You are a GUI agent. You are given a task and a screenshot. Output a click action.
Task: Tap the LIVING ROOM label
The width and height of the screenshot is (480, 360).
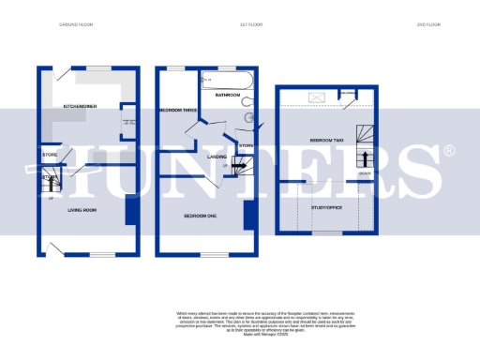coord(82,210)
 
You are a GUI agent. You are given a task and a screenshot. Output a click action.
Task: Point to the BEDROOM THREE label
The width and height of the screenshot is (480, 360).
coord(177,111)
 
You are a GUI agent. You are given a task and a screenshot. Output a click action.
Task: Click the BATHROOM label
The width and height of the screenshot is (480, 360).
coord(229,95)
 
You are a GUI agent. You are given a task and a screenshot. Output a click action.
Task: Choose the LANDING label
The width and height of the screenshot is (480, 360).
coord(217,157)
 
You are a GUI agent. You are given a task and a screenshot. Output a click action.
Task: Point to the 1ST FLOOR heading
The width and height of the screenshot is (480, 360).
coord(222,23)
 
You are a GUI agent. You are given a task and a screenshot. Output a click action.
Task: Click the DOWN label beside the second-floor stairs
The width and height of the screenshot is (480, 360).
coord(365,174)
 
